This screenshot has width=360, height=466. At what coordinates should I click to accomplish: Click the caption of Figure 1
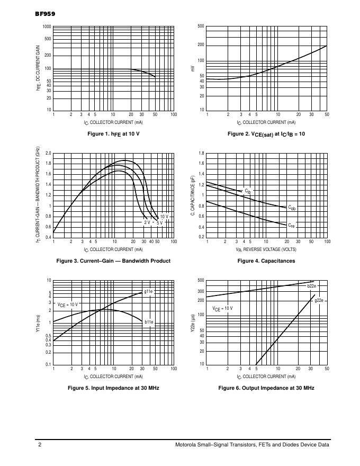pyautogui.click(x=113, y=134)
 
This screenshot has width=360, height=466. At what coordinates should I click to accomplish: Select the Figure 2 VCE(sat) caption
pyautogui.click(x=266, y=134)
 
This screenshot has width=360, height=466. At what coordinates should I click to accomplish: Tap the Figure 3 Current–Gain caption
pyautogui.click(x=113, y=261)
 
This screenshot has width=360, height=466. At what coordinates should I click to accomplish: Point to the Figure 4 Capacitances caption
pyautogui.click(x=266, y=261)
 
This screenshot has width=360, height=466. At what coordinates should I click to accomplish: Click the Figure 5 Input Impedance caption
pyautogui.click(x=113, y=388)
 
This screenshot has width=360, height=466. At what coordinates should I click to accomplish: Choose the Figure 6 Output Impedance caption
pyautogui.click(x=266, y=388)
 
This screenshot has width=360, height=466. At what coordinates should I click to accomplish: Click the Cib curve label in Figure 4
pyautogui.click(x=247, y=190)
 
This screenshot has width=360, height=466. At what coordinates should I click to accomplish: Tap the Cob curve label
pyautogui.click(x=292, y=208)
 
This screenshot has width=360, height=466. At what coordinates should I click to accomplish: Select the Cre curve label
pyautogui.click(x=291, y=226)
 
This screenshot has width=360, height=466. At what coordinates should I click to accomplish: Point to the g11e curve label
pyautogui.click(x=149, y=291)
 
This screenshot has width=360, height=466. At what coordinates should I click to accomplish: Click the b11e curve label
pyautogui.click(x=149, y=321)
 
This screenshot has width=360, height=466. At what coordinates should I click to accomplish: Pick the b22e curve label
pyautogui.click(x=312, y=286)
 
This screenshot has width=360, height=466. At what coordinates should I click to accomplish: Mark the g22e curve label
pyautogui.click(x=319, y=300)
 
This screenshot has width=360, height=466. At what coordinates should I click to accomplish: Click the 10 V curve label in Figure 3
pyautogui.click(x=164, y=216)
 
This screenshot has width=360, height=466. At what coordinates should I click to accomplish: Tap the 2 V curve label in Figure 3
pyautogui.click(x=147, y=222)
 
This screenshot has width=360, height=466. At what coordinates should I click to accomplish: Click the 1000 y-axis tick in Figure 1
pyautogui.click(x=47, y=26)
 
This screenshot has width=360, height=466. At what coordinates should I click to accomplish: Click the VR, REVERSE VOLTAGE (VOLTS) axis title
pyautogui.click(x=266, y=249)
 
